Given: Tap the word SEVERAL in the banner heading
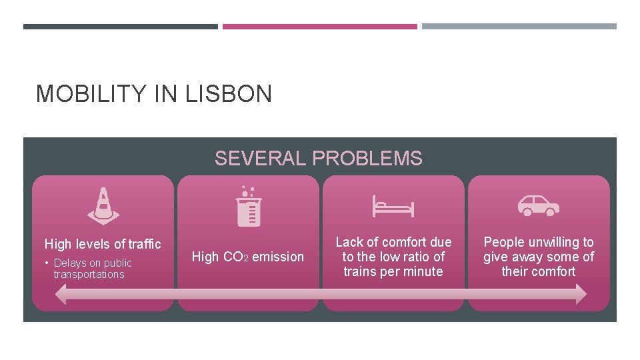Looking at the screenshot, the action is pyautogui.click(x=261, y=158).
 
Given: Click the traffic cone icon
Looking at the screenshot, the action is pyautogui.click(x=103, y=205).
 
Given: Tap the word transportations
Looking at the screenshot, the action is pyautogui.click(x=89, y=275).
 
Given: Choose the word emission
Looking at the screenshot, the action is pyautogui.click(x=278, y=257).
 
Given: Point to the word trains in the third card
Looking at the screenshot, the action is pyautogui.click(x=360, y=271).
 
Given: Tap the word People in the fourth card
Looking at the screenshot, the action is pyautogui.click(x=503, y=242).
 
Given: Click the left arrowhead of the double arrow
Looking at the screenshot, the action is pyautogui.click(x=61, y=294).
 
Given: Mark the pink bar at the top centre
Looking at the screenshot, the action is pyautogui.click(x=319, y=27).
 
